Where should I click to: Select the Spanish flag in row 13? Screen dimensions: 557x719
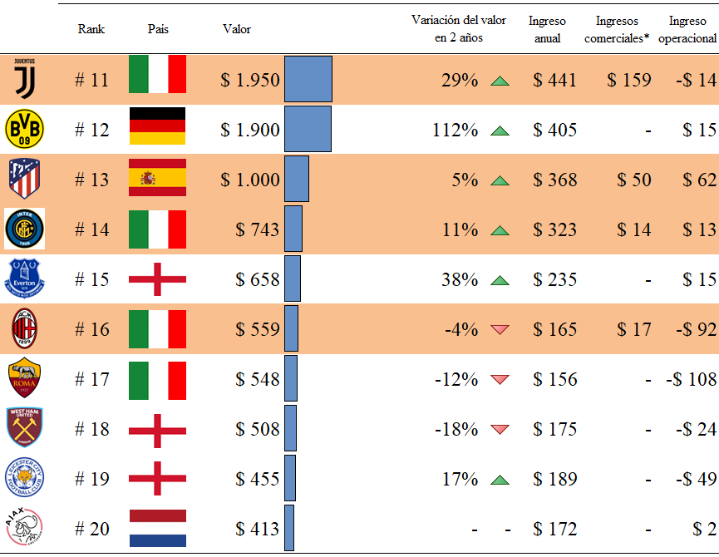(x=157, y=179)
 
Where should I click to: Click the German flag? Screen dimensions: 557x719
(x=157, y=129)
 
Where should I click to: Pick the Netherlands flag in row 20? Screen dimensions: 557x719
(x=157, y=528)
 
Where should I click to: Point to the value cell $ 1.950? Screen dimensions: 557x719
(x=250, y=80)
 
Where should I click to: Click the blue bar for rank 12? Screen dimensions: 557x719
(x=308, y=129)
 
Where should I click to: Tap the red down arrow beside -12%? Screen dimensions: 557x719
(x=499, y=380)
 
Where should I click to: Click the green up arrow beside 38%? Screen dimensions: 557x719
(x=499, y=280)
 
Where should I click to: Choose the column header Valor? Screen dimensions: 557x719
(x=237, y=29)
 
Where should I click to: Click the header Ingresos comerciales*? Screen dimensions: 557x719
(x=617, y=29)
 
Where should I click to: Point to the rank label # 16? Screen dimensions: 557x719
(x=91, y=329)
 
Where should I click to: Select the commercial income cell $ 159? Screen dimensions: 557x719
(x=629, y=80)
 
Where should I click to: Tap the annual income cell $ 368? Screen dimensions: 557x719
(x=554, y=180)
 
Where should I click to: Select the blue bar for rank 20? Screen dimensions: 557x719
(x=289, y=528)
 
